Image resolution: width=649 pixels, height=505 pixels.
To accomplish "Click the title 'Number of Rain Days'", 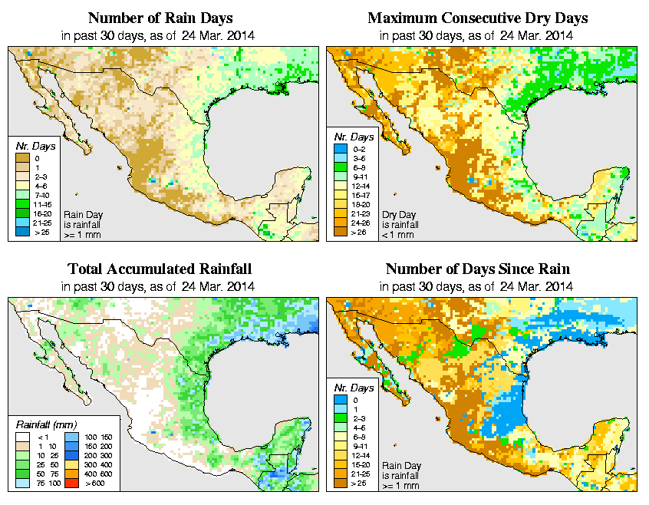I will tap(160, 18).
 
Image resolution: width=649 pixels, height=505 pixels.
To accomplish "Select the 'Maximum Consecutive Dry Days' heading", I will tap(478, 18).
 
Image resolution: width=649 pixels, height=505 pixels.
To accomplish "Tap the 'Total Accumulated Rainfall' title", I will tap(160, 269).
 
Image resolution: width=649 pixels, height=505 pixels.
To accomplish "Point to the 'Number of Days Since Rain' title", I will tap(478, 269).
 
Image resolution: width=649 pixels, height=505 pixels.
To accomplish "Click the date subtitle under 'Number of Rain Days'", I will tap(160, 35).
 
